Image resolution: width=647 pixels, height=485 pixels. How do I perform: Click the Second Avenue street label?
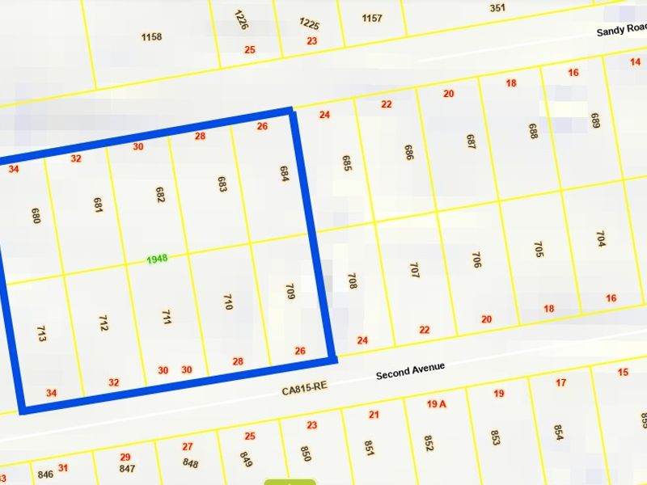point(410,371)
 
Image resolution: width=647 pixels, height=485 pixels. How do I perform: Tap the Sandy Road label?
point(620,31)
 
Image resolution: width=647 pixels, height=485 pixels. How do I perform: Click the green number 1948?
point(157,259)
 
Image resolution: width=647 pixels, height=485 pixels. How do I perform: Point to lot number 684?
point(284,174)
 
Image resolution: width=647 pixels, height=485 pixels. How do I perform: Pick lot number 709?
point(290,291)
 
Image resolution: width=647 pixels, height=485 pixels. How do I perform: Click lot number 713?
point(41,333)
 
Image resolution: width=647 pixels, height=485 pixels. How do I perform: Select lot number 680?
point(35,215)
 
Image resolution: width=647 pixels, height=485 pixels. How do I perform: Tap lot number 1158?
point(151,36)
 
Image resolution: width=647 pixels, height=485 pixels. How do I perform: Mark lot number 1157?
point(372,18)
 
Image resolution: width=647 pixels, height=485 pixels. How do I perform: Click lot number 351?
point(497,8)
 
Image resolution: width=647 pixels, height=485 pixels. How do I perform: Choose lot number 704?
point(600,239)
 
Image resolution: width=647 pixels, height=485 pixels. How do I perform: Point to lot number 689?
point(594,121)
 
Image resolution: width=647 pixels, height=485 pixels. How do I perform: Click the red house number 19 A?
point(437,403)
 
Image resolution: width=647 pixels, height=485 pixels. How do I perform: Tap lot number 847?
point(127,469)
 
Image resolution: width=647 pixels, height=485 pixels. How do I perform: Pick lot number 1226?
point(240,19)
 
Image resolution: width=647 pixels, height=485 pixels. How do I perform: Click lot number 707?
point(414,270)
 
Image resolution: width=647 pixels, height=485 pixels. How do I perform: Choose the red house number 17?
point(561,382)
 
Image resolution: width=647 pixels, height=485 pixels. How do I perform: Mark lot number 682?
point(160,194)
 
